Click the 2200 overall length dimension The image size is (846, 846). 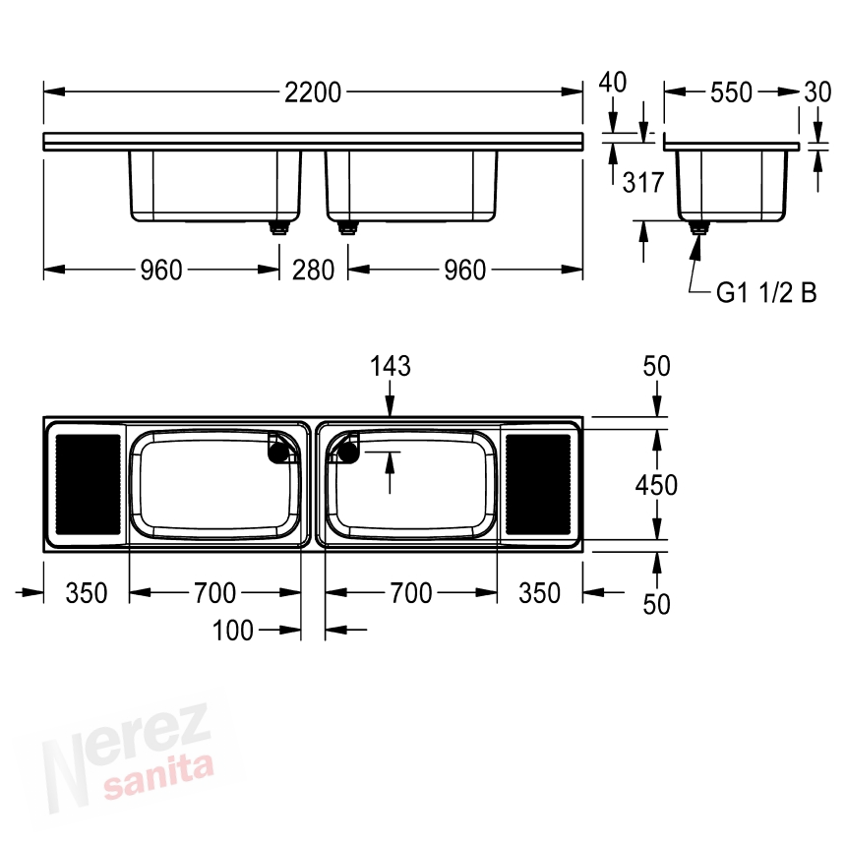[313, 92]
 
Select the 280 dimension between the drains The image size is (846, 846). [313, 270]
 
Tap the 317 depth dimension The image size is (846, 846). [642, 182]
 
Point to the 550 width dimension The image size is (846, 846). [731, 92]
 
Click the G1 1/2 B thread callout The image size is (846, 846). [766, 293]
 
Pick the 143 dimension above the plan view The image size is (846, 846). [391, 366]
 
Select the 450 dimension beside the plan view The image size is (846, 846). [656, 485]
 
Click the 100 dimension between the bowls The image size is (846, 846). [232, 631]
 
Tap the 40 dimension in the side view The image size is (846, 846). [613, 83]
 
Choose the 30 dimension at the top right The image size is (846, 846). [817, 92]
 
